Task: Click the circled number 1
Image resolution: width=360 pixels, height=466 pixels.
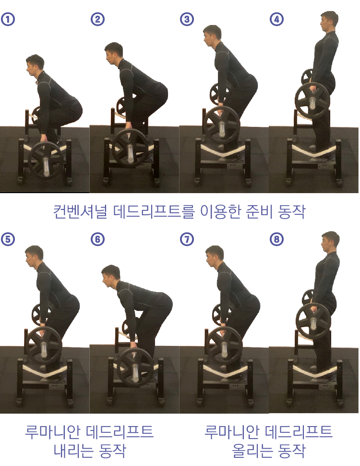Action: [8, 19]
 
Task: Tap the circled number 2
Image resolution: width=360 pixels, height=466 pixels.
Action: [97, 19]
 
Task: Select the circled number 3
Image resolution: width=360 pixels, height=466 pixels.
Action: [187, 19]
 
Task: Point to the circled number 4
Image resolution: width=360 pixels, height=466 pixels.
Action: [276, 19]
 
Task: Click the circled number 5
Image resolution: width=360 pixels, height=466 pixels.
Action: [8, 239]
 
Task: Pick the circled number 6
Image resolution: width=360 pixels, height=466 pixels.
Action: [97, 239]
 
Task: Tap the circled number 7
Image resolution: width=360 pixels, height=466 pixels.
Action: [187, 239]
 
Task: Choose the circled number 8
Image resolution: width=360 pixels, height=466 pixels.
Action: [276, 239]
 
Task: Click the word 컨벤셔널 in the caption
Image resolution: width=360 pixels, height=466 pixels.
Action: [80, 211]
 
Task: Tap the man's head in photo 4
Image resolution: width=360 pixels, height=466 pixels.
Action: [329, 22]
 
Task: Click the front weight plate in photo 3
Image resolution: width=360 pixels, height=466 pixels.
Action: [222, 125]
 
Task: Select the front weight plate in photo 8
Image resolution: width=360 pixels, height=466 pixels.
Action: [313, 320]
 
